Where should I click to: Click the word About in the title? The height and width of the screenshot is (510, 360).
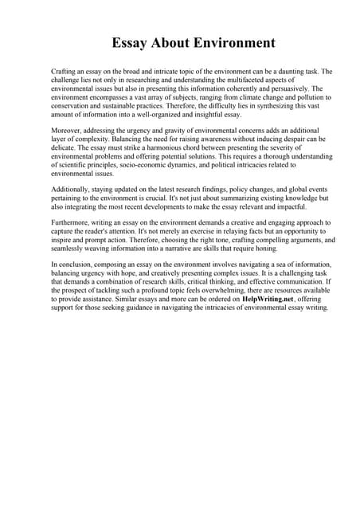[171, 42]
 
